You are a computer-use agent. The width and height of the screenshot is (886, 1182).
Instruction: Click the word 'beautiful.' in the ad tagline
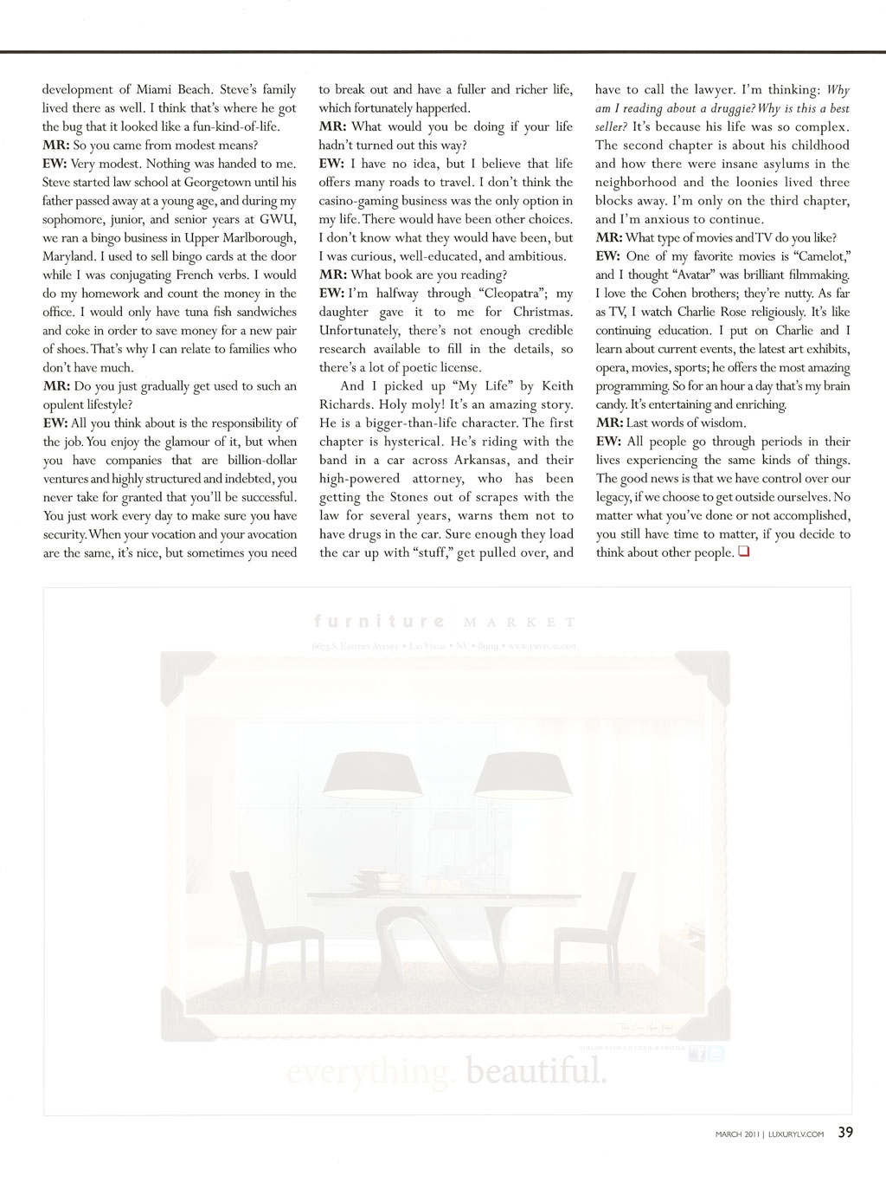536,1073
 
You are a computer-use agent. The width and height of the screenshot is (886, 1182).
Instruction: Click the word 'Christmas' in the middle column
542,312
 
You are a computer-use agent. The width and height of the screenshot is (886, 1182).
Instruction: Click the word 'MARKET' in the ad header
520,622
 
